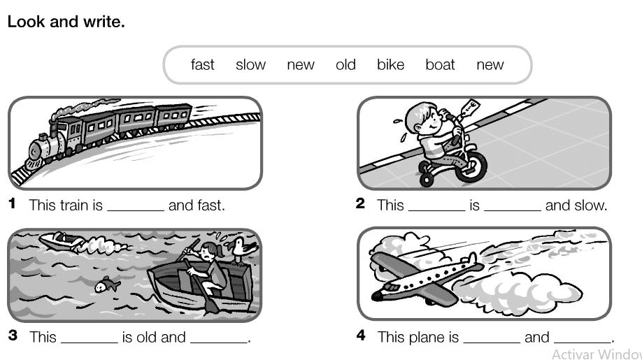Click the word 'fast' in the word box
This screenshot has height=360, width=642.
(x=202, y=64)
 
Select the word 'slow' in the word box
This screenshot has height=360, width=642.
(x=250, y=64)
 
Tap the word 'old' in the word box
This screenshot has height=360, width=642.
(x=345, y=64)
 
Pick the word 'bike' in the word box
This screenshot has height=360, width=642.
(x=391, y=64)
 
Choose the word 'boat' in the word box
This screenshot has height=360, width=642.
(x=440, y=64)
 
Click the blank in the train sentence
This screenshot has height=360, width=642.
(x=136, y=210)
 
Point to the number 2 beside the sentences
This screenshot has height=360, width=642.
(x=360, y=203)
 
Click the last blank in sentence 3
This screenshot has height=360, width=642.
(x=219, y=342)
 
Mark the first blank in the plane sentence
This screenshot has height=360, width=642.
(x=492, y=342)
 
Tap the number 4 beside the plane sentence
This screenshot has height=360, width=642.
(x=361, y=336)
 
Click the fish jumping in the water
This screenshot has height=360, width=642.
(x=107, y=285)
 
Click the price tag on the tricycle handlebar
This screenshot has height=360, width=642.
(x=470, y=108)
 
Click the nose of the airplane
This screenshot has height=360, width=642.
(x=376, y=295)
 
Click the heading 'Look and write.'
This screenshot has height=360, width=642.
(x=66, y=22)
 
